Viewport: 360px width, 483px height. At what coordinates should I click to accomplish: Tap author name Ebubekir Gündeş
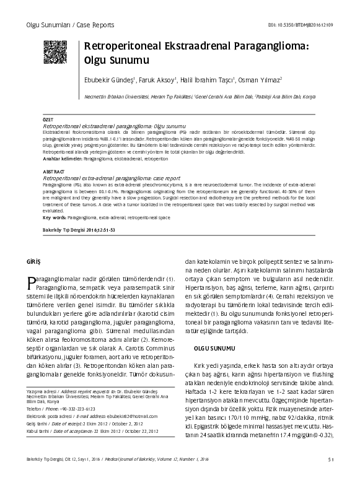pyautogui.click(x=108, y=80)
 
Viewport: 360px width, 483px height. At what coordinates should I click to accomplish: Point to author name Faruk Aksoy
pyautogui.click(x=156, y=80)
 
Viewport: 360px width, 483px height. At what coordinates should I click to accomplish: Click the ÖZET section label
pyautogui.click(x=47, y=119)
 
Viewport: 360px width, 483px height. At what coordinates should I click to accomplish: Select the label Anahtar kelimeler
pyautogui.click(x=63, y=159)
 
